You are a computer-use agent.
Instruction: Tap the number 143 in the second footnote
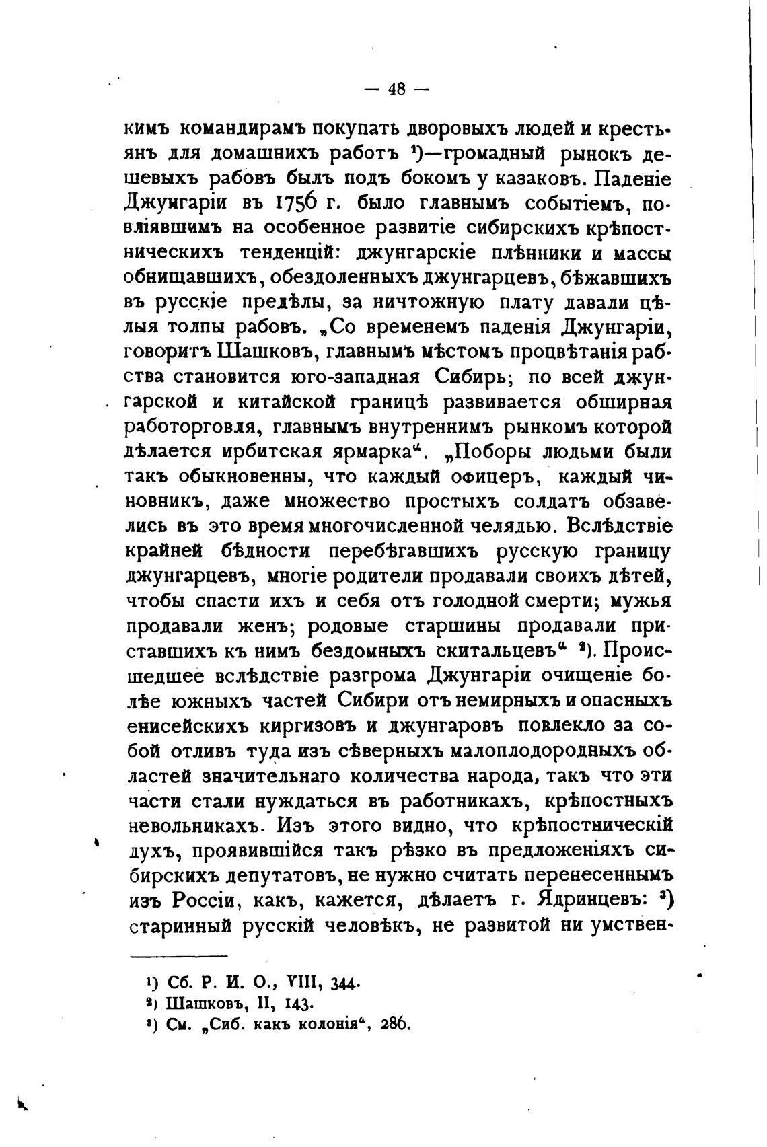300,1004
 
